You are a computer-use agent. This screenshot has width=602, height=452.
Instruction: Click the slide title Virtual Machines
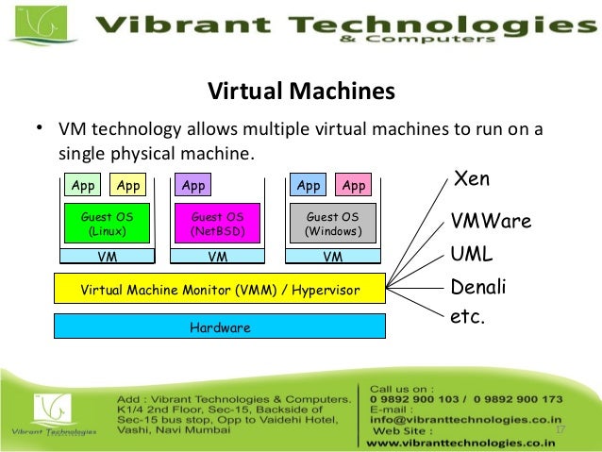[300, 92]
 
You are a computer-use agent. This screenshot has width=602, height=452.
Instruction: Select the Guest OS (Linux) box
[107, 224]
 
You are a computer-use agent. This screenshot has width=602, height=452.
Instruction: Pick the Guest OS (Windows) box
[332, 224]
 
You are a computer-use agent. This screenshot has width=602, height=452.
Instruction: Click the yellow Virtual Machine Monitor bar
[220, 289]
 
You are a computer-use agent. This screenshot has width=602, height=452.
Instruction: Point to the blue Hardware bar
[220, 327]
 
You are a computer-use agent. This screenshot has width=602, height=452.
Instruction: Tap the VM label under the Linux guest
[107, 255]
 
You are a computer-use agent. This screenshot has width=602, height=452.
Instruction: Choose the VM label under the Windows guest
[332, 255]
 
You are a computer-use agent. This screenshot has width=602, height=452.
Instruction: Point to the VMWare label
[491, 222]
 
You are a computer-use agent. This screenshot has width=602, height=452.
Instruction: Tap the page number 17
[560, 430]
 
